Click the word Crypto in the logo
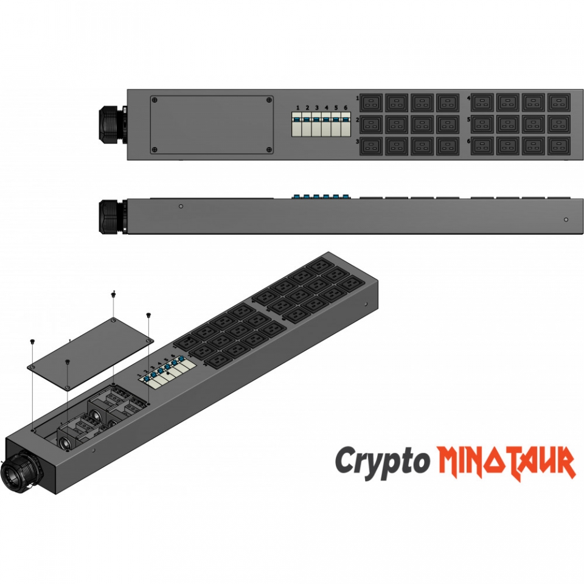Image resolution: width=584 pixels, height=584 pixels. [381, 461]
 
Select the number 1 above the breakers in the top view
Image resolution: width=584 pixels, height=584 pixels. [297, 108]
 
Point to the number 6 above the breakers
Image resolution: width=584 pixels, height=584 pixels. [346, 108]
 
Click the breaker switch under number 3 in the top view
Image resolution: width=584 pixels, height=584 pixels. [317, 125]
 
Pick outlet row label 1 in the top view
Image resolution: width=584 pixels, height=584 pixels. [358, 98]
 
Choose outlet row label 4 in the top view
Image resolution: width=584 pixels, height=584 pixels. [468, 98]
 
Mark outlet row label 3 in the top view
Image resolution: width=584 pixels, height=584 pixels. [358, 142]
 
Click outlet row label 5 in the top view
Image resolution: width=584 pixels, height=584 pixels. [468, 120]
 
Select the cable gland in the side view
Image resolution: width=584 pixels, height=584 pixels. [111, 216]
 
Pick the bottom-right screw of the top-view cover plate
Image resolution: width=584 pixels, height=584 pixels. [268, 149]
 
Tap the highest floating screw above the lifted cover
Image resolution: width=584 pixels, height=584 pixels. [114, 294]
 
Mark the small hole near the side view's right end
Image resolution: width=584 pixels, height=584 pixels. [566, 220]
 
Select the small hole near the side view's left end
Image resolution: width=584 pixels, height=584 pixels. [181, 206]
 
